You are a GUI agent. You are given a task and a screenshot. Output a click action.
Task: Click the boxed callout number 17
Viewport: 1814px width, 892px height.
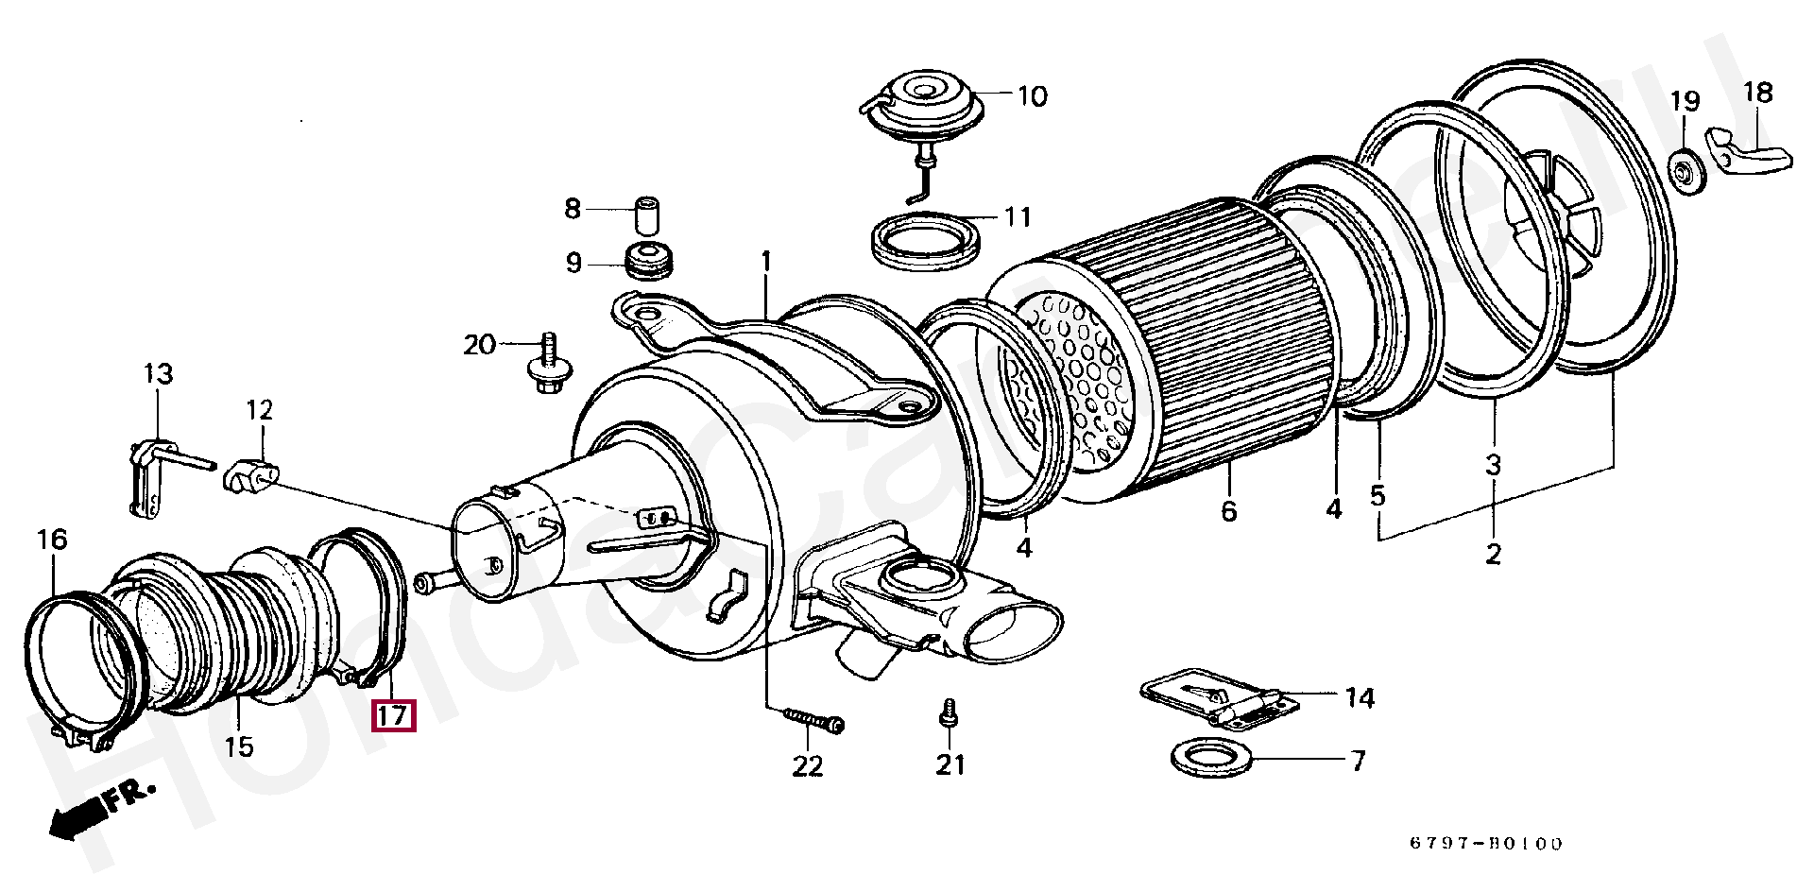click(x=392, y=715)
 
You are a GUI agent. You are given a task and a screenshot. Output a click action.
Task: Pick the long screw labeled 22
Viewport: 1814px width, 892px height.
click(x=813, y=721)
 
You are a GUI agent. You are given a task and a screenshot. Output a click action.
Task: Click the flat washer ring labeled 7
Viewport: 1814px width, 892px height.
click(x=1211, y=758)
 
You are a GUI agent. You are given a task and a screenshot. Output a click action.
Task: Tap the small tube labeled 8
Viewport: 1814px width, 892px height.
click(x=646, y=214)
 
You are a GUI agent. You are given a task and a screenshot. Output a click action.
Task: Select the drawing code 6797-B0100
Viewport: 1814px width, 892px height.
click(x=1486, y=844)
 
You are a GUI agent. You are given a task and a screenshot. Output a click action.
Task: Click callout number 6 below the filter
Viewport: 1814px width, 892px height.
click(x=1228, y=511)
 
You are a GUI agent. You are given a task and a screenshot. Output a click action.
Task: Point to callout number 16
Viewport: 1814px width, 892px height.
click(x=52, y=540)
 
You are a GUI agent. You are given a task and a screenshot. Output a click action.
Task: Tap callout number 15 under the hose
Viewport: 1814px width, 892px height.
click(x=239, y=746)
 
